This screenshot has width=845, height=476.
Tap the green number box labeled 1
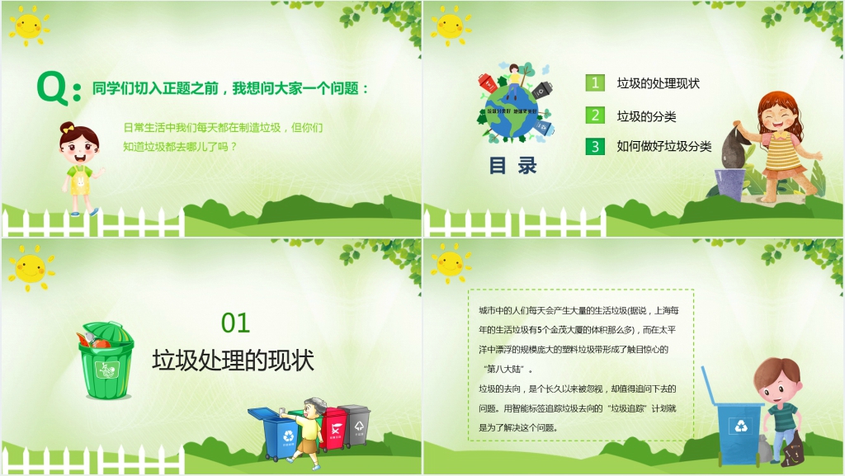click(x=595, y=82)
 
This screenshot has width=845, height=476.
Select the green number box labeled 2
click(x=595, y=115)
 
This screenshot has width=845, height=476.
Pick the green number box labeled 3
click(x=595, y=147)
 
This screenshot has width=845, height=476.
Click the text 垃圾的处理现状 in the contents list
click(x=659, y=83)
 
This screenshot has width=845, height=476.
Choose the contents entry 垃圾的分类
click(x=647, y=116)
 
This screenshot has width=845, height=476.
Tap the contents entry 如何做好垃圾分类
click(x=664, y=147)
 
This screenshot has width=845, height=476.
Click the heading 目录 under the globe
click(x=512, y=165)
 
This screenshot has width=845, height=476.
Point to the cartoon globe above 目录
click(x=514, y=111)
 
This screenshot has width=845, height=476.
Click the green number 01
click(x=235, y=323)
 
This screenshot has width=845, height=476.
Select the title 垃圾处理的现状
click(x=234, y=361)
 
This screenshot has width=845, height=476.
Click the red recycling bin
click(x=333, y=427)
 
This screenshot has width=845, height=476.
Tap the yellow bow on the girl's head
click(x=66, y=129)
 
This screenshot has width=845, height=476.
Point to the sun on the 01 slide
click(x=31, y=268)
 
